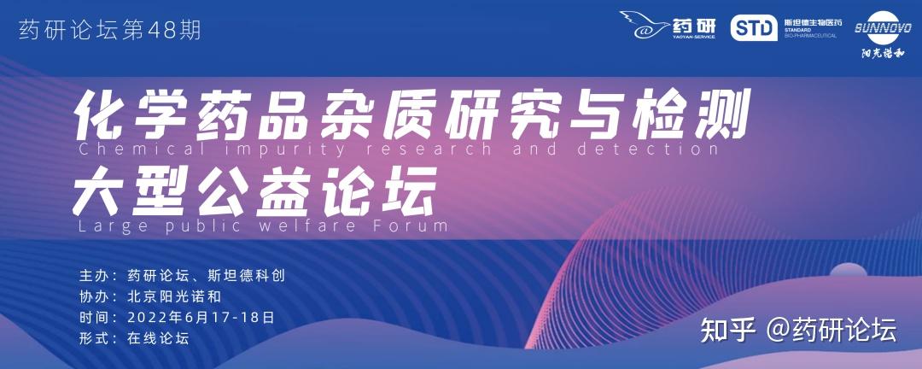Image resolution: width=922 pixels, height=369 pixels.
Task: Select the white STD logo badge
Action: tap(754, 27)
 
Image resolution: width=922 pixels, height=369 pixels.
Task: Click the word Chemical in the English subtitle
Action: tap(143, 149)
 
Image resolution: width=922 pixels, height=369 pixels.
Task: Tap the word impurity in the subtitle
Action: tap(286, 149)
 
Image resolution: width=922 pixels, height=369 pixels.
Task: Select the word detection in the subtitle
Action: tap(647, 149)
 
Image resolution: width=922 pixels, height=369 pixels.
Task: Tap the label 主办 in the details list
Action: tap(94, 275)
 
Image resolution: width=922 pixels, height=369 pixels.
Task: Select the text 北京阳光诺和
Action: tap(174, 296)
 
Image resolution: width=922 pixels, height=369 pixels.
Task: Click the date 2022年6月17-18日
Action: tap(201, 318)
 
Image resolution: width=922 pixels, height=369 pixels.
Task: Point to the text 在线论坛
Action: tap(158, 339)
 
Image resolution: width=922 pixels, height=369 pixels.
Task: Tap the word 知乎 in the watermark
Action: tap(727, 331)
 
